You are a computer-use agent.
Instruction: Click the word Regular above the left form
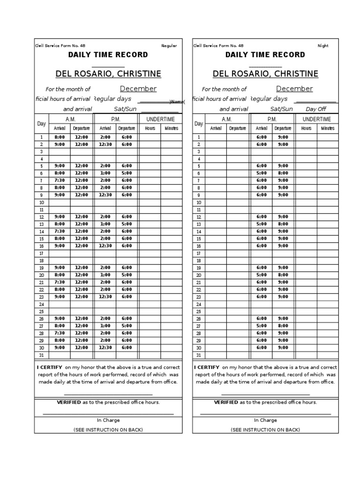tap(169, 46)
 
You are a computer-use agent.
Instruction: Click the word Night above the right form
tap(323, 46)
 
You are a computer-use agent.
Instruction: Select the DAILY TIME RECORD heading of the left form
tap(108, 55)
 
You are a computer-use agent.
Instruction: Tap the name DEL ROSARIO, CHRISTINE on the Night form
tap(265, 74)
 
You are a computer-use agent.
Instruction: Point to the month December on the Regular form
tap(138, 89)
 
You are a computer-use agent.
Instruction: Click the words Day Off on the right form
tap(316, 109)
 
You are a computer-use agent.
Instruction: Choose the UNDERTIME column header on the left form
tap(160, 120)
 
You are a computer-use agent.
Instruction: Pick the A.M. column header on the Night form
tap(227, 120)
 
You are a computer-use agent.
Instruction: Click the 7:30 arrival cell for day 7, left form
tap(60, 180)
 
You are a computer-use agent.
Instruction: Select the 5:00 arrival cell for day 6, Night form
tap(261, 173)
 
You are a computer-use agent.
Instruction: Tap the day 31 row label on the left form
tap(41, 355)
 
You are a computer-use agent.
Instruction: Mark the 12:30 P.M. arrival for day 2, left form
tap(105, 144)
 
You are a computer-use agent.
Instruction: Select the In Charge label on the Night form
tap(265, 420)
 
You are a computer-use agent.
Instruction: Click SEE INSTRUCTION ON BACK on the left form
tap(108, 430)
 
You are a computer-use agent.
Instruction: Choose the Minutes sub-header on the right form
tap(328, 128)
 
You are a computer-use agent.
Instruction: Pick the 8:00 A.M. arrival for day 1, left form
tap(60, 137)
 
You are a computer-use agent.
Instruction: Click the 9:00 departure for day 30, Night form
tap(283, 347)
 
